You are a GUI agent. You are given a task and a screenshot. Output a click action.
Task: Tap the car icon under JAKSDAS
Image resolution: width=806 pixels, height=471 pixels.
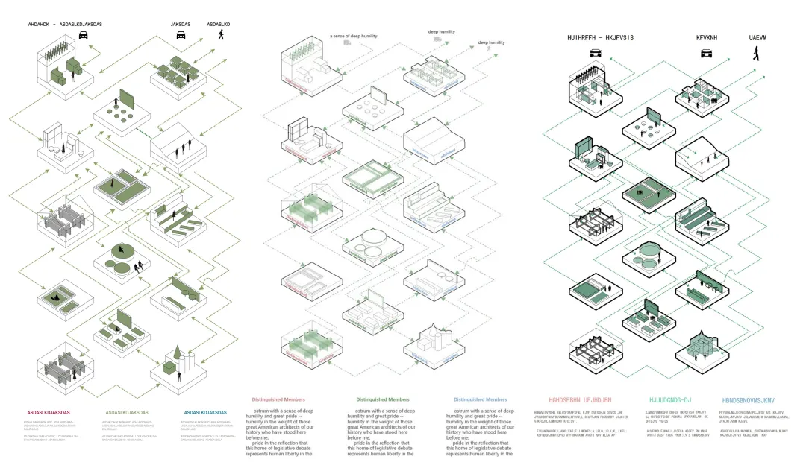(180, 34)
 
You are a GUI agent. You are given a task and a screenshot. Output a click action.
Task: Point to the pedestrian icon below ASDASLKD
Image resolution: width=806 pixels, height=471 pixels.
(220, 35)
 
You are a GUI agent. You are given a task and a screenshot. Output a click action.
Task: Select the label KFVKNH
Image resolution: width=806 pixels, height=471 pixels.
(706, 37)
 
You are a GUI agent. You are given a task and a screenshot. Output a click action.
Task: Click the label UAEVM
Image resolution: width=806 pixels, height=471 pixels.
(760, 37)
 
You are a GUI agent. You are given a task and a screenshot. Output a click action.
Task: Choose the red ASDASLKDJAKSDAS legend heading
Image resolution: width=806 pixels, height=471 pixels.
(49, 412)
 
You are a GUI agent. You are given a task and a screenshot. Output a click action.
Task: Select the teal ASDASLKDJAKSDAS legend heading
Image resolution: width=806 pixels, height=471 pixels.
(204, 412)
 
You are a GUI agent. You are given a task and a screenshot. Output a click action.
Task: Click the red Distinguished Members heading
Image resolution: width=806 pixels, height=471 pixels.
(278, 400)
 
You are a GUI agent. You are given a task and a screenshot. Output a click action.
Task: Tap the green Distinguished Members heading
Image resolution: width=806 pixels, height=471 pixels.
(383, 400)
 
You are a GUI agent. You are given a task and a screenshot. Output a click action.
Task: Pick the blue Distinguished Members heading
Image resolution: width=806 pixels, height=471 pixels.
(480, 400)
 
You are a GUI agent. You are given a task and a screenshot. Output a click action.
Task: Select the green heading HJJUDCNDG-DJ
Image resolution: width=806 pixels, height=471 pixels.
(670, 400)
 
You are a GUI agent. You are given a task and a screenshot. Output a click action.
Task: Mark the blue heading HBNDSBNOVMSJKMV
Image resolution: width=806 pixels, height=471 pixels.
(754, 400)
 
